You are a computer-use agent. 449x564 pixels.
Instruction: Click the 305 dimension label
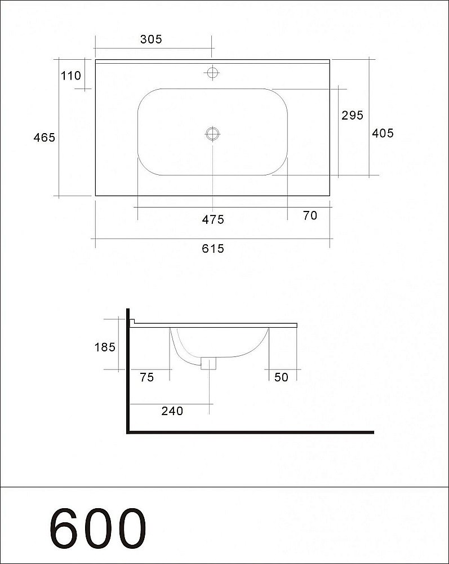pos(151,39)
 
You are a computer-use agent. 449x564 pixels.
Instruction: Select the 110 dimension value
pos(71,76)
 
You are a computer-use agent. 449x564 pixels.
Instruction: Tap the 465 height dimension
pos(44,138)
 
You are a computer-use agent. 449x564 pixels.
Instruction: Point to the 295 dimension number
pos(352,115)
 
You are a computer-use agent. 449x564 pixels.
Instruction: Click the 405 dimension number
pos(383,133)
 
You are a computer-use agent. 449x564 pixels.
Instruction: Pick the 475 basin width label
pos(213,219)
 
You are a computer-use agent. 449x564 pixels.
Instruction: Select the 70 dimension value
pos(310,215)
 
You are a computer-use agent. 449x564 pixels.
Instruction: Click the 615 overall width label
pos(213,249)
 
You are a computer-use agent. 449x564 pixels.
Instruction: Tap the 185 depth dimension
pos(105,347)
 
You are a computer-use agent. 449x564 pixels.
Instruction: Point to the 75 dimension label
pos(146,377)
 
